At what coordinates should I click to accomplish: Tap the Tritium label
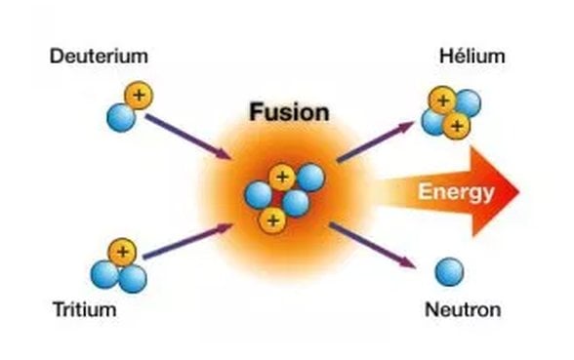click(85, 311)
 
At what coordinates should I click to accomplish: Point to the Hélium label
click(472, 56)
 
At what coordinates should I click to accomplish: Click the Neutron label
click(463, 311)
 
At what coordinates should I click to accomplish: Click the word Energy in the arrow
click(456, 192)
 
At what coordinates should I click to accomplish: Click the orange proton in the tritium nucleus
click(122, 254)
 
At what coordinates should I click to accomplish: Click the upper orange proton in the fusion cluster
click(282, 177)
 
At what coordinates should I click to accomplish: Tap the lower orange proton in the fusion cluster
click(270, 220)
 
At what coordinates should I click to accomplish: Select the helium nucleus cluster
click(450, 111)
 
